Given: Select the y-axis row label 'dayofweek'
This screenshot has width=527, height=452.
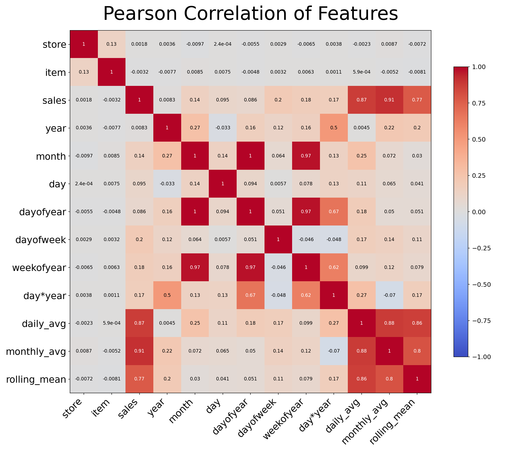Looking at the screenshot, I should point(41,240).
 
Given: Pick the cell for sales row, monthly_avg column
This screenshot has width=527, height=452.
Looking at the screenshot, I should point(389,100).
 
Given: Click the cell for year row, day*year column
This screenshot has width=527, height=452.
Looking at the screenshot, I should point(334,128).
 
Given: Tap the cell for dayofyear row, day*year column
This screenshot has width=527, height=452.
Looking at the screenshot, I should point(334,211).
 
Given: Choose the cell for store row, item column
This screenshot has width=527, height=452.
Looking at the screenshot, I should point(111,44).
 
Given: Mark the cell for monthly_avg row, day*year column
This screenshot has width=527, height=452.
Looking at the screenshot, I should point(334,351).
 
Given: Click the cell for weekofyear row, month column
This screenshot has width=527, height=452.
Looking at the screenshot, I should point(195,267).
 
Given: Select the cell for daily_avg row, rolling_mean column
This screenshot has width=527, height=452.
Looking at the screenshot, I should point(417,323).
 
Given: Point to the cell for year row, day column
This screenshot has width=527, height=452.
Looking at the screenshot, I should point(223,128).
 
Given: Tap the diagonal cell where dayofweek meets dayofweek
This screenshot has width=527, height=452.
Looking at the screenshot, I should point(278,240).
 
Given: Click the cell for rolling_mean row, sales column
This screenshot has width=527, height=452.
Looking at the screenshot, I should point(139,379).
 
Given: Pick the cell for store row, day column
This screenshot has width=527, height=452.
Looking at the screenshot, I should point(223,44).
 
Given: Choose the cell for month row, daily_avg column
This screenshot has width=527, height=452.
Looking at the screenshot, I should point(361,156).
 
